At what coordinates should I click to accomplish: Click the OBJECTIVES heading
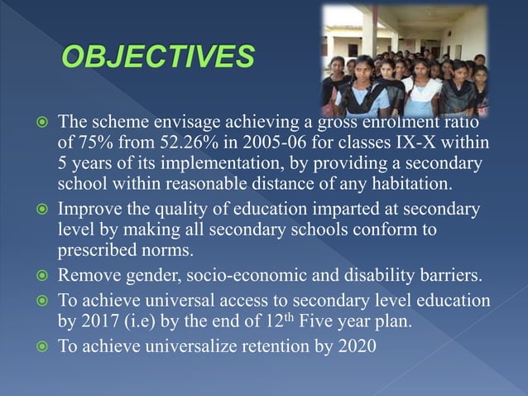[156, 58]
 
